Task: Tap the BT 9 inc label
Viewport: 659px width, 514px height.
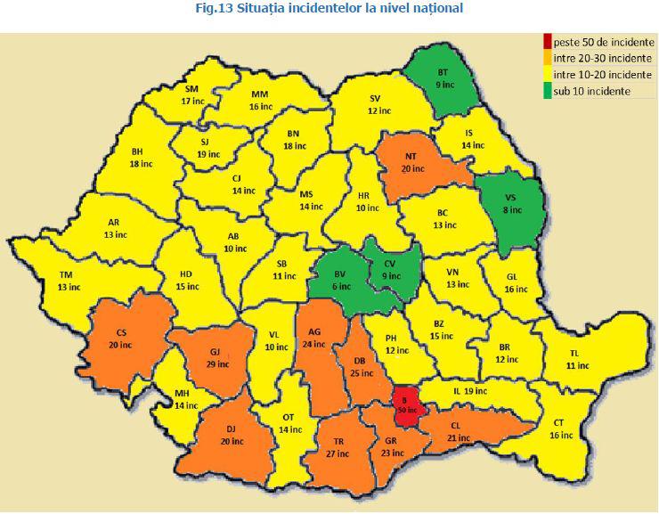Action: point(443,78)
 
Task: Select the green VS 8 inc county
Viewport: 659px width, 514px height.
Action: point(510,204)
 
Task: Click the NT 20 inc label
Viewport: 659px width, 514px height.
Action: point(412,162)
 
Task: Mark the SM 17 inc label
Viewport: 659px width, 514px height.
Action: point(192,95)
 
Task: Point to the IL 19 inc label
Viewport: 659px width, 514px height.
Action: point(470,390)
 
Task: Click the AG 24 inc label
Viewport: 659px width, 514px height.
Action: point(314,338)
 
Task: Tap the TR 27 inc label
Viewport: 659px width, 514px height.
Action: point(338,447)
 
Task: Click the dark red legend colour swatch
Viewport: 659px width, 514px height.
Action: point(547,41)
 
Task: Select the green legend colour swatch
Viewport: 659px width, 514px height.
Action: point(547,91)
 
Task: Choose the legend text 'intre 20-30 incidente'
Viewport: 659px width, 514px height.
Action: point(603,58)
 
